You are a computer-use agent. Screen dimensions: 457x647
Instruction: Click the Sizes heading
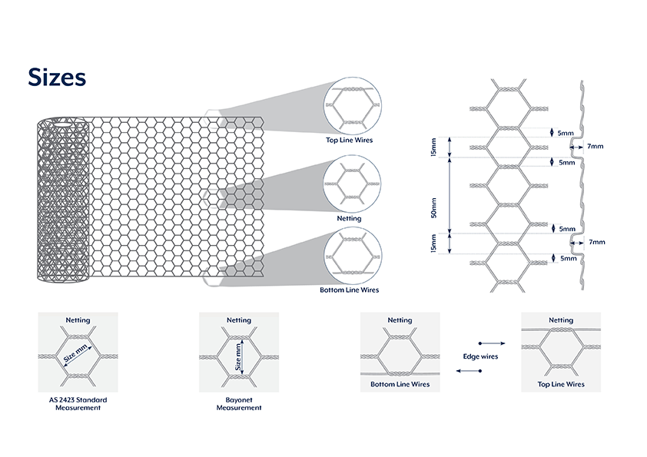point(56,78)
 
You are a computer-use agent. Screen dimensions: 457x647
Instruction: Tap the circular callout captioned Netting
point(353,184)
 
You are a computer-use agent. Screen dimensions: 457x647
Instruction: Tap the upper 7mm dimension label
point(595,145)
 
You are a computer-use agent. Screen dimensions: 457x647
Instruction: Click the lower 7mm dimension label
point(596,242)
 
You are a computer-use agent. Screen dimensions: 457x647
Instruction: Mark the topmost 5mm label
point(566,133)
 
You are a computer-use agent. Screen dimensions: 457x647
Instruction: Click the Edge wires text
point(480,357)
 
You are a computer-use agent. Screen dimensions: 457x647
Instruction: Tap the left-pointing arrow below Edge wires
point(469,372)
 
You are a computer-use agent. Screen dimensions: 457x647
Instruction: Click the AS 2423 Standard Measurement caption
point(78,404)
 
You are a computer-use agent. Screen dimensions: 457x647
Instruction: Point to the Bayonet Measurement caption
point(238,404)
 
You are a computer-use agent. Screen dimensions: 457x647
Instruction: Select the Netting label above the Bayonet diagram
point(238,320)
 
